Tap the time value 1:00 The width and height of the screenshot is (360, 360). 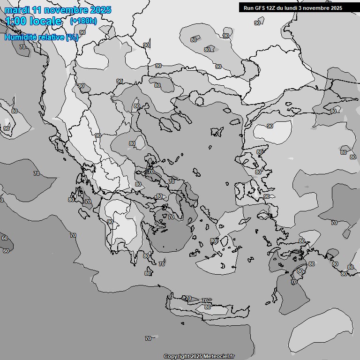click(16, 21)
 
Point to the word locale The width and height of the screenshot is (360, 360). click(45, 21)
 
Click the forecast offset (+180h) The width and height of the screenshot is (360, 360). click(83, 21)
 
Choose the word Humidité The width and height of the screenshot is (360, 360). click(20, 37)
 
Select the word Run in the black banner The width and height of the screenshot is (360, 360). click(248, 8)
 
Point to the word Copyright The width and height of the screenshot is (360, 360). click(176, 357)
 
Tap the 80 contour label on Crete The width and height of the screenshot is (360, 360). click(208, 307)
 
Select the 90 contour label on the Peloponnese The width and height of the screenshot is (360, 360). click(110, 222)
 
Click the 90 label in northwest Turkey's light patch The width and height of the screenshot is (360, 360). click(270, 126)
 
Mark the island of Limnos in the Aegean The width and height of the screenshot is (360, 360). click(217, 132)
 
